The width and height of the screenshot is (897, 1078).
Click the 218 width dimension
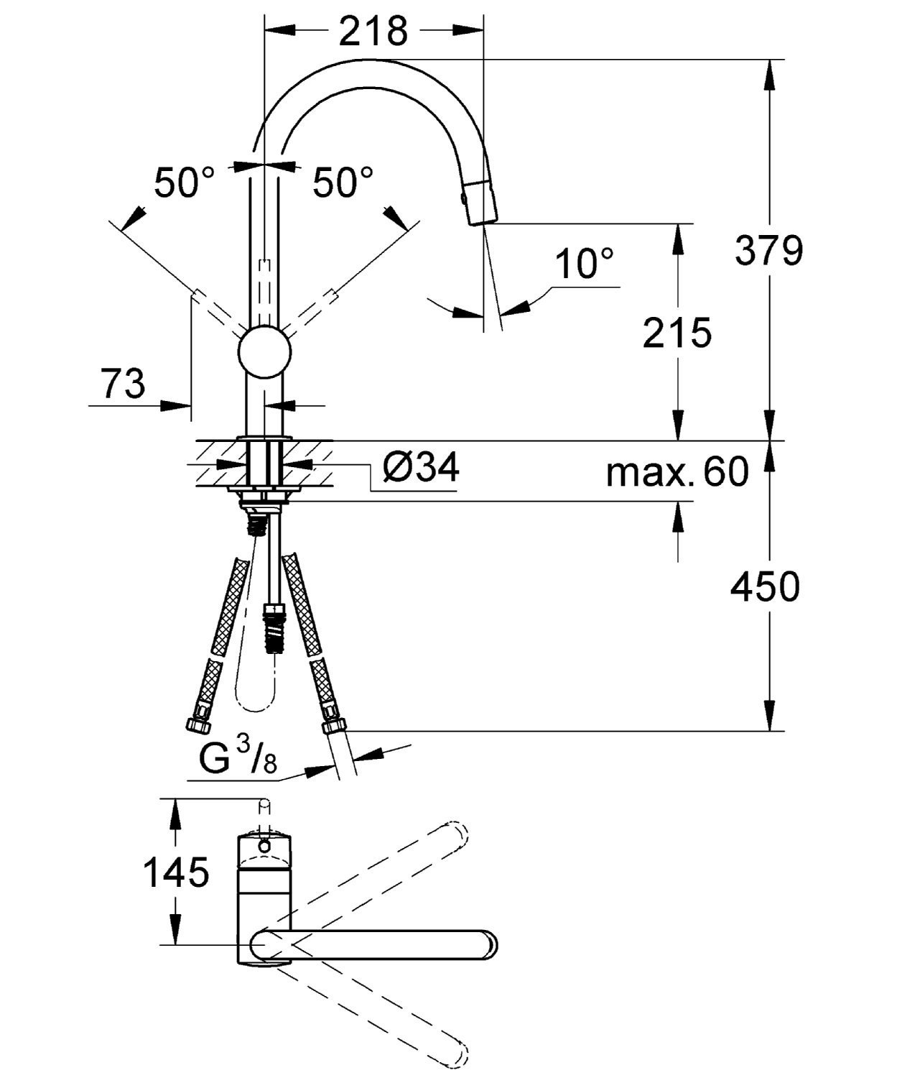[373, 31]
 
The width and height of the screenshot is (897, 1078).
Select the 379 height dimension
[768, 251]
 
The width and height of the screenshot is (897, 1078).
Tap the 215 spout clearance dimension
[677, 333]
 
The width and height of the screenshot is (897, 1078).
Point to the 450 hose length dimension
[764, 587]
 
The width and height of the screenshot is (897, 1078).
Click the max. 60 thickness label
[677, 472]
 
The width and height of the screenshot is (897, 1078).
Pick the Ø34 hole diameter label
[421, 468]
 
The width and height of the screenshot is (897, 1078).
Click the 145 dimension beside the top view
[176, 872]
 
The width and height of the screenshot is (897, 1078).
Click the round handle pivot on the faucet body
[264, 351]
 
